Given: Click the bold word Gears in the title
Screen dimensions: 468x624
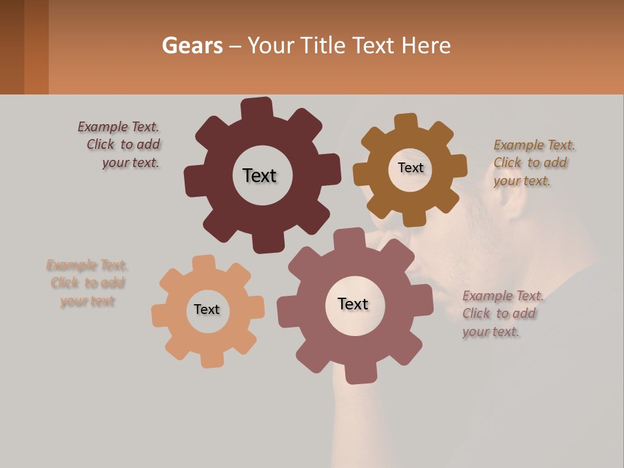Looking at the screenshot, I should (192, 45).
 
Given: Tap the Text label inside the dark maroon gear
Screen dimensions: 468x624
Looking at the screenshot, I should (259, 175).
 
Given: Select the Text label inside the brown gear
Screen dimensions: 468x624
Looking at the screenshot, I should (410, 168).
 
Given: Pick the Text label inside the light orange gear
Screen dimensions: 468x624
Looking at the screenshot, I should (207, 310).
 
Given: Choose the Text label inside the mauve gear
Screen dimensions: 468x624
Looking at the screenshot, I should (353, 304).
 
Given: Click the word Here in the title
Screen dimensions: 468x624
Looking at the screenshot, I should (426, 45).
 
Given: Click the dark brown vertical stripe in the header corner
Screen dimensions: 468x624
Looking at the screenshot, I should (12, 47).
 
